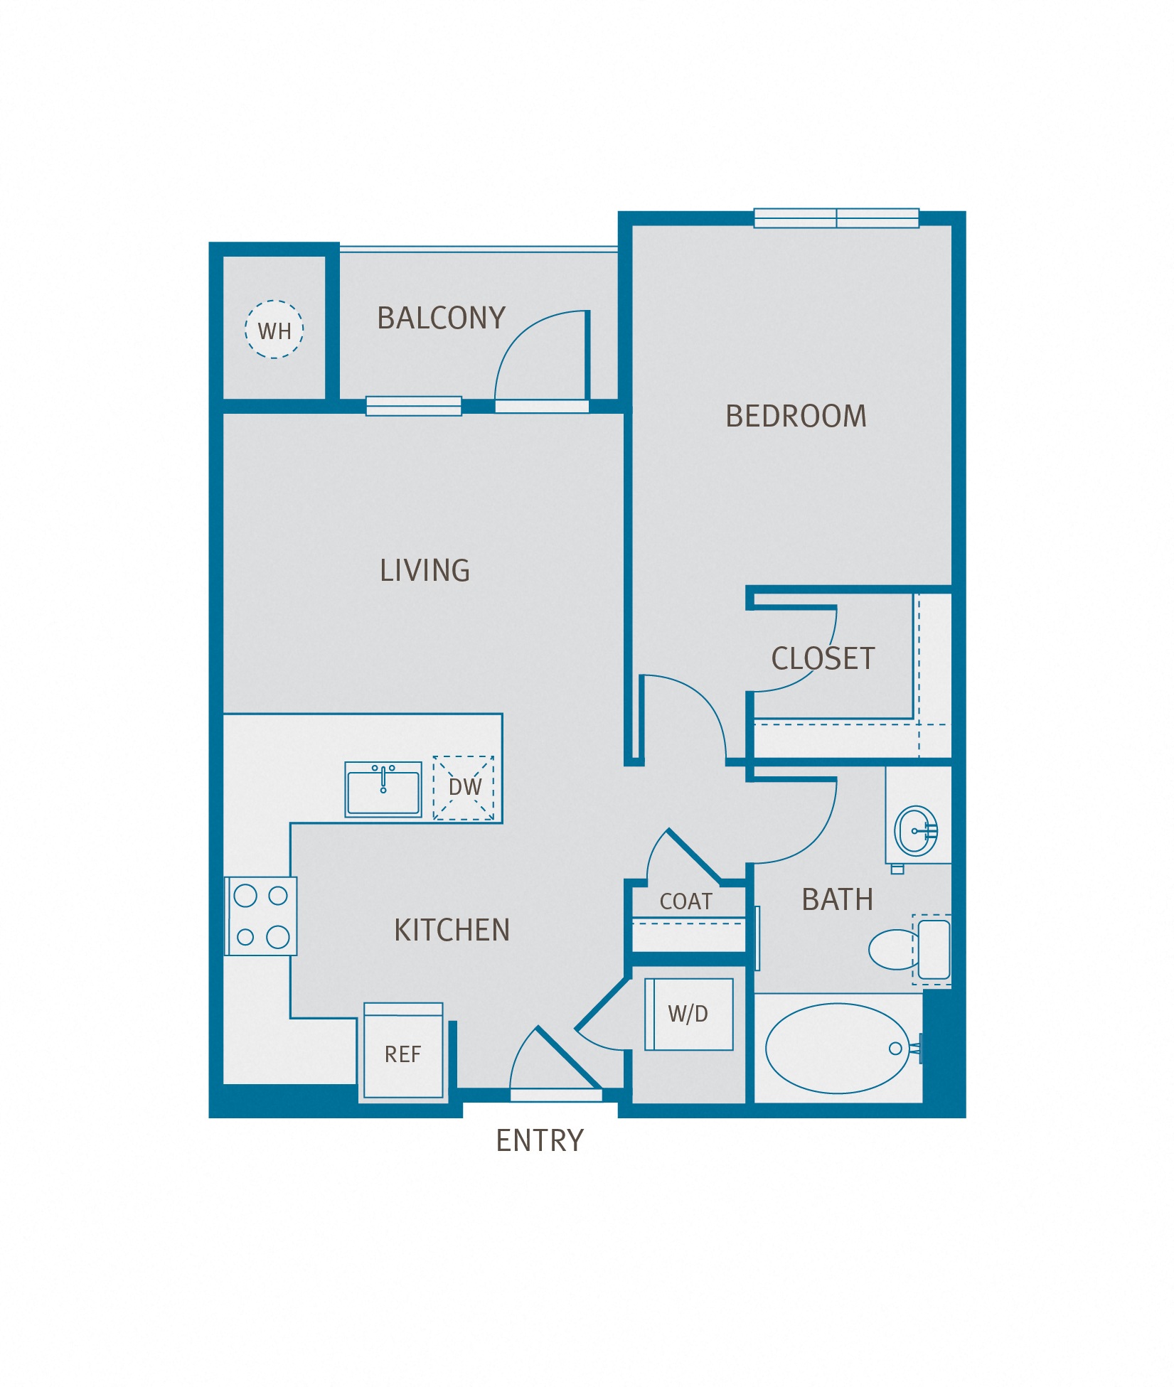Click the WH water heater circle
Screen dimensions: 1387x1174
point(274,329)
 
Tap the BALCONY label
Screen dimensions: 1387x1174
point(441,318)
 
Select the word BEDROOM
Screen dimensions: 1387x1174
point(796,416)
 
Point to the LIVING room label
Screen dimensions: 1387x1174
point(425,570)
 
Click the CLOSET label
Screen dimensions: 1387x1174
point(823,658)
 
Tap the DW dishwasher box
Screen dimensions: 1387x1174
point(464,788)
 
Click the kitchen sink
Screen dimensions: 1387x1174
point(383,789)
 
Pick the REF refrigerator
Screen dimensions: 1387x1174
point(403,1052)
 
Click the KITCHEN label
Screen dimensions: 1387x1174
point(452,930)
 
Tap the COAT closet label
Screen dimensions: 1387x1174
point(685,901)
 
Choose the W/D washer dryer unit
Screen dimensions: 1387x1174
point(688,1014)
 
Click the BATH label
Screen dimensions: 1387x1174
point(837,900)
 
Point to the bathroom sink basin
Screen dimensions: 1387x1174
point(916,830)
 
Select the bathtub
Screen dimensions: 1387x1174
point(838,1048)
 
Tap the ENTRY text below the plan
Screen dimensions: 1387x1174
point(539,1140)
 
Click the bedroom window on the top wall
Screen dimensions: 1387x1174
point(836,218)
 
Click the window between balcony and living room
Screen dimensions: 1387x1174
point(414,406)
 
